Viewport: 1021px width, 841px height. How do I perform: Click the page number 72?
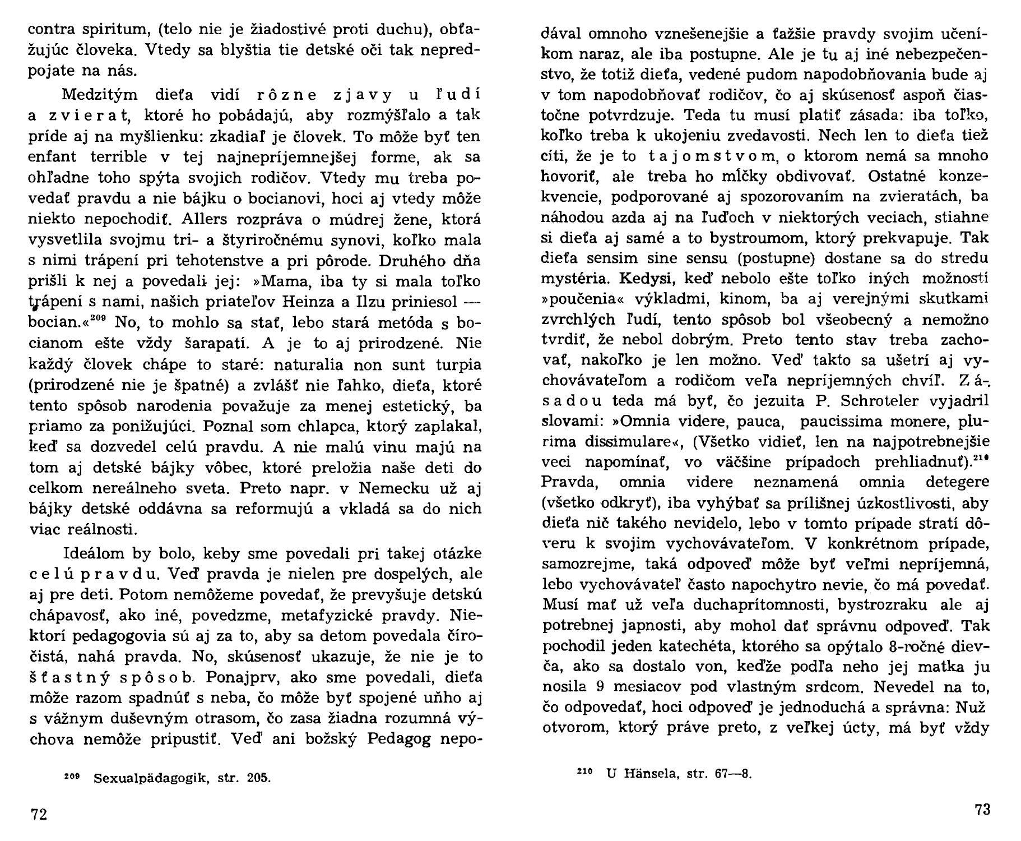(39, 814)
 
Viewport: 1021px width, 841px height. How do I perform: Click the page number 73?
(982, 809)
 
